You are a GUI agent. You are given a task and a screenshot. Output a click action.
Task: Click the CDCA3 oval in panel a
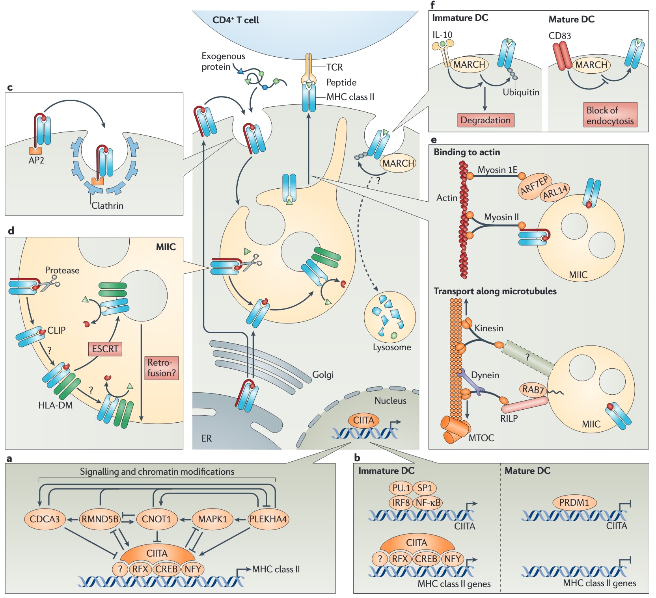point(45,519)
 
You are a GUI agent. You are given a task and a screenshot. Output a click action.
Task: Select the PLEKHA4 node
point(268,519)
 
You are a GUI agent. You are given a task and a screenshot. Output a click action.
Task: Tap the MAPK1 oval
point(212,519)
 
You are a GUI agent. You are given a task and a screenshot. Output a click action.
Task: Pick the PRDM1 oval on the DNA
point(574,503)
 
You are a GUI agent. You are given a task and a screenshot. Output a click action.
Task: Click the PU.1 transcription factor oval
point(401,488)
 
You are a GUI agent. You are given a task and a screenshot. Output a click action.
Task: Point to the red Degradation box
point(485,120)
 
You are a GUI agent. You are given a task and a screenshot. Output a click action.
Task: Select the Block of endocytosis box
point(610,115)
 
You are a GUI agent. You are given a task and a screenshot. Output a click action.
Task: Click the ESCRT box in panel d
point(105,349)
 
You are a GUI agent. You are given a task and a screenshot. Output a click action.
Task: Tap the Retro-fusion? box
point(162,368)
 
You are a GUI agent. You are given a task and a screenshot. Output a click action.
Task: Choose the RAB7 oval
point(533,390)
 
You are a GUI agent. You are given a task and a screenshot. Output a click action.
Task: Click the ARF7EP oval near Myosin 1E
point(534,186)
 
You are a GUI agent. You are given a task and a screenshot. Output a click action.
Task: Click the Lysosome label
point(392,347)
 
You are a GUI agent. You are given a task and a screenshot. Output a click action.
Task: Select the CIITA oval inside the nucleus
point(363,420)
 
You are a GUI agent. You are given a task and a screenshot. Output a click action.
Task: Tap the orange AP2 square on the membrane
point(35,150)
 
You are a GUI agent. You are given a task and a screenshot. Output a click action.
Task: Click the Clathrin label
point(107,206)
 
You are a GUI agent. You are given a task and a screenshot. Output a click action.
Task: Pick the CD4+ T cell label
point(235,20)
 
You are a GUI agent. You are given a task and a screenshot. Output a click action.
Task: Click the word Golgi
point(323,375)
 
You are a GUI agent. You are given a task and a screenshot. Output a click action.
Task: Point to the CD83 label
point(559,36)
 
